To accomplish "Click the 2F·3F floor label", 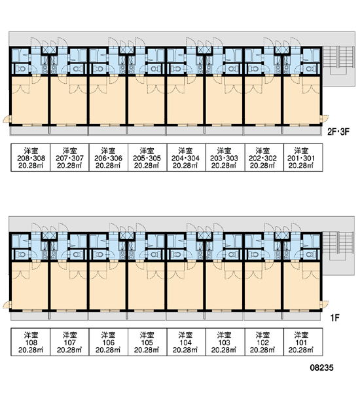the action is point(338,132).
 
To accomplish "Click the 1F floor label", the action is point(334,318).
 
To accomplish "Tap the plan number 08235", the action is point(321,367).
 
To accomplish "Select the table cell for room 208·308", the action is point(31,157).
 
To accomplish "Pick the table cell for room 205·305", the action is point(147,157).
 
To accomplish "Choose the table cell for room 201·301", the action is point(303,157).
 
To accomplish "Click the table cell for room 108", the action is point(31,342).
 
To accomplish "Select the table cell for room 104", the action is point(186,342).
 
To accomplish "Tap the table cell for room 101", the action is point(303,342).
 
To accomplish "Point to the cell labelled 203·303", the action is point(225,157).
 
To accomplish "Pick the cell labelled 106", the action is point(109,342).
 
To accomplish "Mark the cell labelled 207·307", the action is point(69,157).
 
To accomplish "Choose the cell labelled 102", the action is point(264,342).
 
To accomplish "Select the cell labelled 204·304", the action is point(186,157).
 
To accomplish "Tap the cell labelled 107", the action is point(69,342).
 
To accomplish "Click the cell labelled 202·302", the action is point(264,157).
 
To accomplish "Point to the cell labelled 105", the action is point(147,342).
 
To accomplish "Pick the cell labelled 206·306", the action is point(109,157).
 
